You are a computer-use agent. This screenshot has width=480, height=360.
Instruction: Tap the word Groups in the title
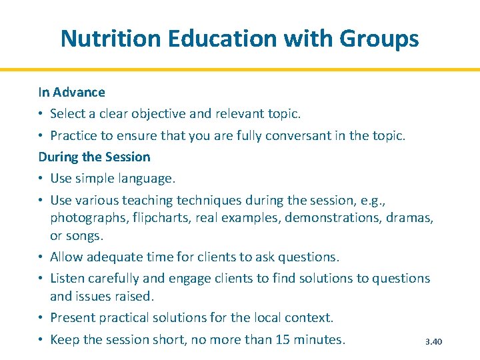(x=379, y=39)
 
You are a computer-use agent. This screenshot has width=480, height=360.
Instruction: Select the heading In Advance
(x=71, y=92)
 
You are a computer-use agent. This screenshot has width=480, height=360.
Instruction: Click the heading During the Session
(x=94, y=157)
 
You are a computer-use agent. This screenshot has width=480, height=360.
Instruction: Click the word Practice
(x=74, y=135)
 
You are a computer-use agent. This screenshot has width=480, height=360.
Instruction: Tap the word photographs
(x=89, y=218)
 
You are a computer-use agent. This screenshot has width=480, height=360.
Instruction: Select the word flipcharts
(x=163, y=218)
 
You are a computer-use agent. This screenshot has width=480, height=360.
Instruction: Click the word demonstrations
(x=330, y=218)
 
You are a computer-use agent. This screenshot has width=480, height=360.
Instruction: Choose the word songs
(x=85, y=235)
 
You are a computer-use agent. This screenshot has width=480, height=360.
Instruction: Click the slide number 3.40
(x=433, y=342)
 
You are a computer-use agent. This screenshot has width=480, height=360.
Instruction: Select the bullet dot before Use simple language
(x=41, y=179)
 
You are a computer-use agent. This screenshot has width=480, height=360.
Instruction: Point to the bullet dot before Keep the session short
(x=41, y=339)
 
